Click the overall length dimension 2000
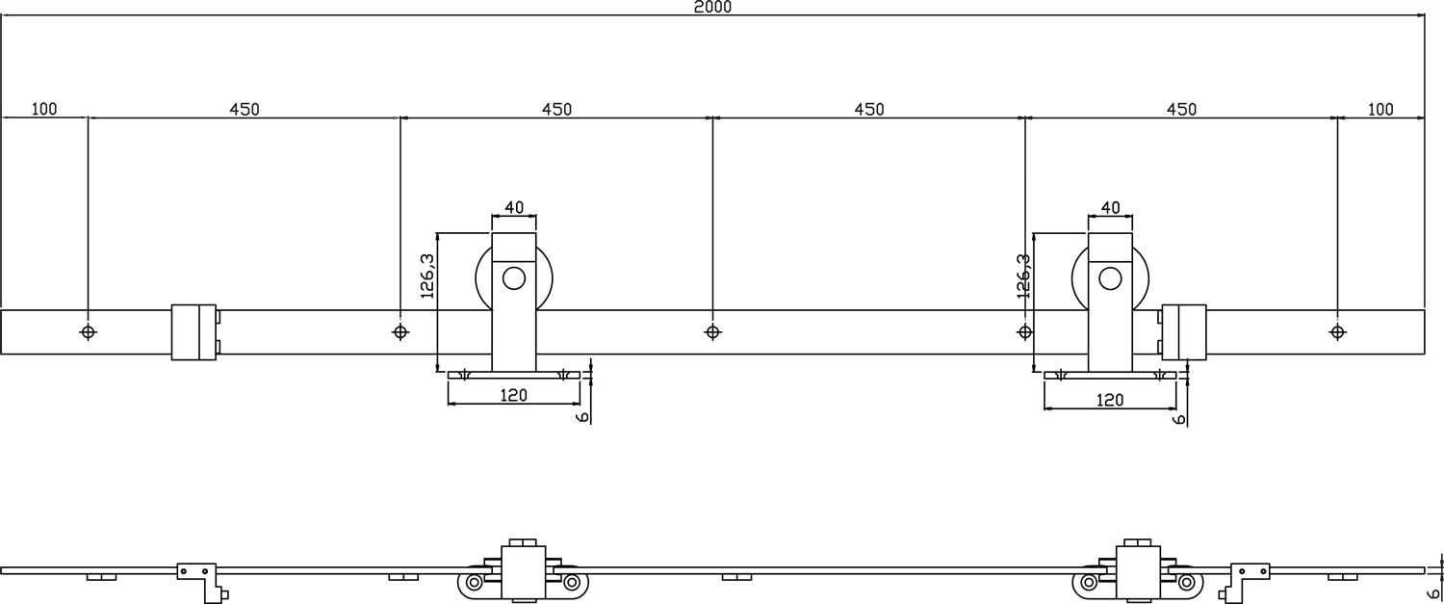(712, 8)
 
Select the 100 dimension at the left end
(44, 109)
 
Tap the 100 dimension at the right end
(1380, 109)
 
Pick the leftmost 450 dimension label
(244, 109)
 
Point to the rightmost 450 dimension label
(1181, 109)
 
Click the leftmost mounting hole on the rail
(89, 332)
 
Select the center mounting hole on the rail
(712, 332)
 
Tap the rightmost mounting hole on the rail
(1337, 332)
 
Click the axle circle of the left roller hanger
(514, 279)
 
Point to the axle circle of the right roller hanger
(1110, 279)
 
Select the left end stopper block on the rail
(193, 332)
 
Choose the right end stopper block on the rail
(1183, 332)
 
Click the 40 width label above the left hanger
(514, 207)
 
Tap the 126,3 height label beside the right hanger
(1023, 276)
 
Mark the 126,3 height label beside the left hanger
(428, 276)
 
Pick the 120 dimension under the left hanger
(514, 396)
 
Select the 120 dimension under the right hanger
(1110, 399)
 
